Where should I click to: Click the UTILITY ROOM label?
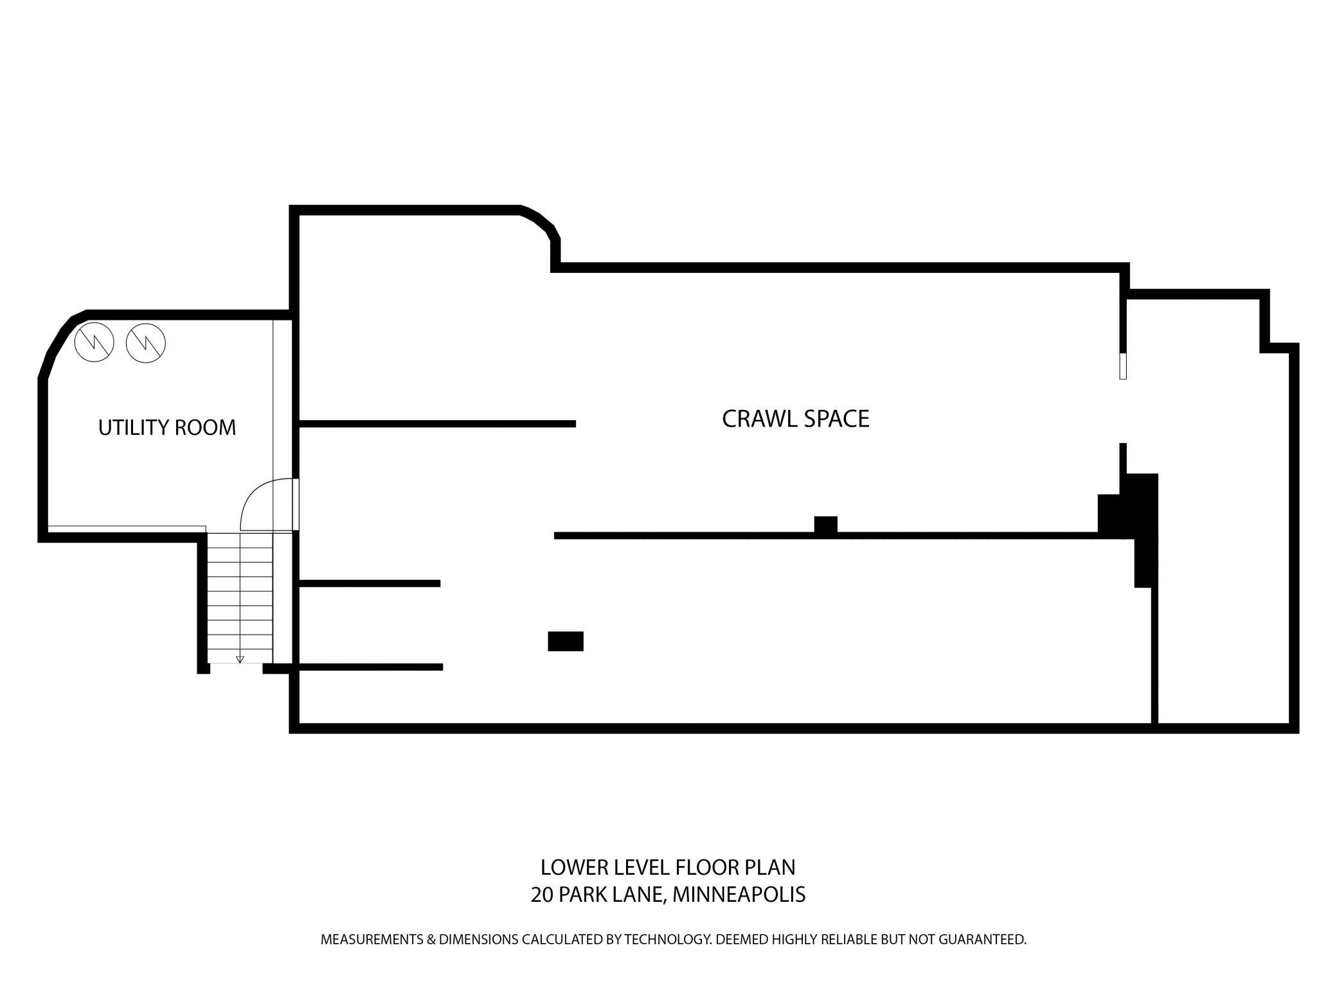(x=167, y=427)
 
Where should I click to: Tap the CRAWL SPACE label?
(x=795, y=419)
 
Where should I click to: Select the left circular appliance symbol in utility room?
(x=94, y=342)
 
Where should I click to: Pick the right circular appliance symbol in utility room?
(x=146, y=342)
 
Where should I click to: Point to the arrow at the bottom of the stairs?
(x=240, y=659)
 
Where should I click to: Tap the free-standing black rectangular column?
(x=565, y=641)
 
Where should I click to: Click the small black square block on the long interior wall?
(x=825, y=525)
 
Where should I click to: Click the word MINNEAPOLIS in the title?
(x=739, y=894)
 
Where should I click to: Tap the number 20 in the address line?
(x=542, y=894)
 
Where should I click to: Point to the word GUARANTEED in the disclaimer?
(x=982, y=940)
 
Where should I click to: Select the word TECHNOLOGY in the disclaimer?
(x=667, y=940)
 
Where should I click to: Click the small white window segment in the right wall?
(x=1123, y=366)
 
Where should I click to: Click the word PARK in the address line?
(x=580, y=894)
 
